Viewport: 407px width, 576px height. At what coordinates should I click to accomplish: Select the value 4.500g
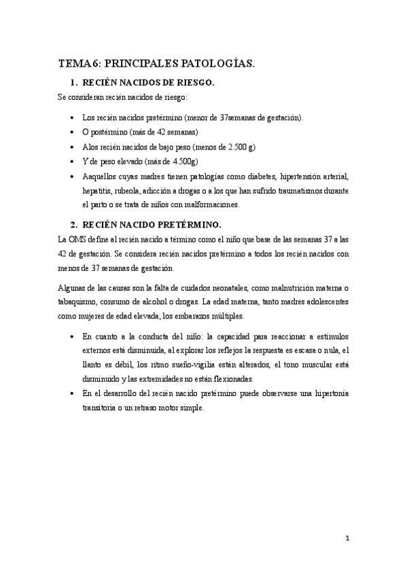pyautogui.click(x=184, y=161)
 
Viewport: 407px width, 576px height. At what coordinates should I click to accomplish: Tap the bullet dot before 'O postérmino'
pyautogui.click(x=73, y=132)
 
